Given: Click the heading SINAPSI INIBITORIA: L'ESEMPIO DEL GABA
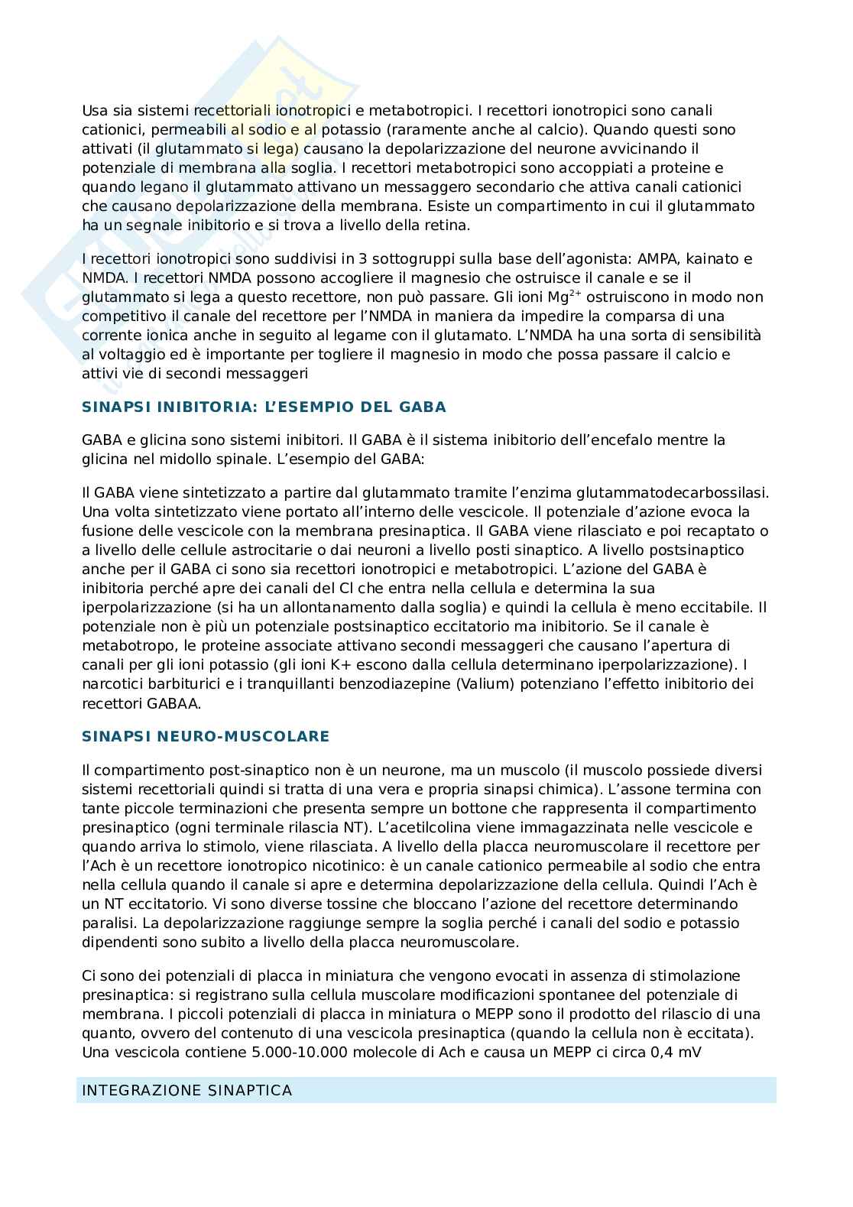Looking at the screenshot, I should (264, 407).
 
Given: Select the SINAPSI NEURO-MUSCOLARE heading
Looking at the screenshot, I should (206, 736).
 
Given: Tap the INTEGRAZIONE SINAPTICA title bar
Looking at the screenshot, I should (426, 1090).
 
